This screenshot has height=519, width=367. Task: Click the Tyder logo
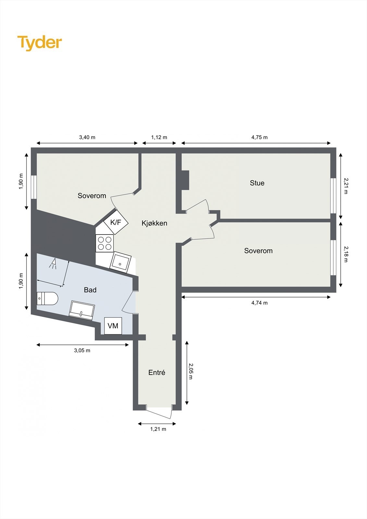coord(39,42)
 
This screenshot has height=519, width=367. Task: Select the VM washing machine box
coord(113,326)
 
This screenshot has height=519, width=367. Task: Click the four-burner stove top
coord(104,243)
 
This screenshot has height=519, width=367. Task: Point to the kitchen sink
coord(121,262)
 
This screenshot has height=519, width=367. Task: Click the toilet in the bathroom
coord(47,298)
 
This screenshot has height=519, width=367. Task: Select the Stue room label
coord(257,183)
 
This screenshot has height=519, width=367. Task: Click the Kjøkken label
coord(154,223)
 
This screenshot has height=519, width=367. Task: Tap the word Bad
coord(90,290)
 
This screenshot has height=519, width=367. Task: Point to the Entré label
coord(157,373)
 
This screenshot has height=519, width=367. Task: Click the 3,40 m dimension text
coord(87,137)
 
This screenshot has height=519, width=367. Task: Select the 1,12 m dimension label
coord(159,137)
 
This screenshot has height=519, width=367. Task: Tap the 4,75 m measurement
coord(259,137)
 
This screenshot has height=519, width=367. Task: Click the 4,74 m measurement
coord(259,303)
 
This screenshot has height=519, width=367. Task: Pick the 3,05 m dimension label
coord(82,350)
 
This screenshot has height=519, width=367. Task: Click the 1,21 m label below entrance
coord(158,429)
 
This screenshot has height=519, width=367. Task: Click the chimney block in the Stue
coord(185,180)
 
